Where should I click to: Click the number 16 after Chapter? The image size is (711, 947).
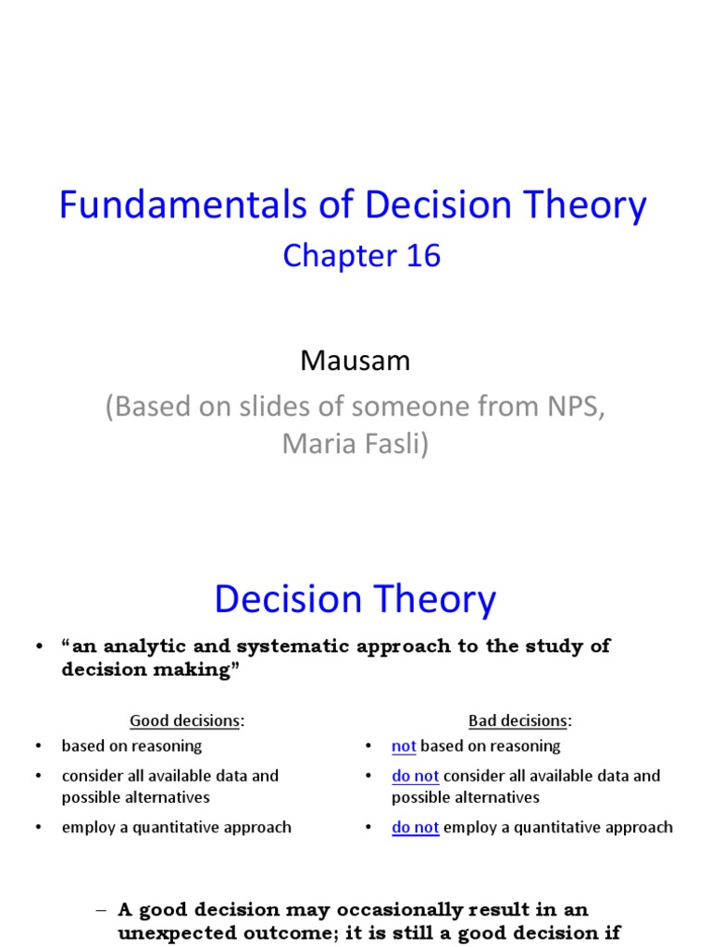[x=422, y=256]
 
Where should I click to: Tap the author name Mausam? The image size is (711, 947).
[x=355, y=362]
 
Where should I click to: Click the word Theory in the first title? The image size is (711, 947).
[x=582, y=206]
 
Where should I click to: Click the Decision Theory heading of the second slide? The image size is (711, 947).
[x=355, y=600]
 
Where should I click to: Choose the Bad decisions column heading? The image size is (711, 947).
[x=519, y=720]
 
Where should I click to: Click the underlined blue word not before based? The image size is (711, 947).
[x=404, y=746]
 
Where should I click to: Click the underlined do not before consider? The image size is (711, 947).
[x=415, y=776]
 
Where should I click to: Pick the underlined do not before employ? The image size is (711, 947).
[x=415, y=828]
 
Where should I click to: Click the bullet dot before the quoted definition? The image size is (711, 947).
[x=38, y=646]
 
